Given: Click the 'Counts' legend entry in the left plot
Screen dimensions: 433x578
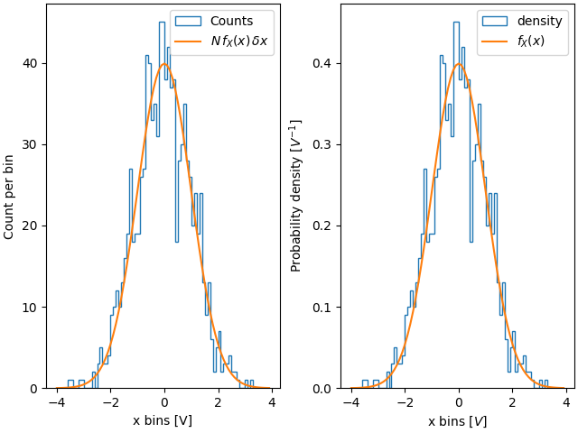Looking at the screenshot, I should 231,21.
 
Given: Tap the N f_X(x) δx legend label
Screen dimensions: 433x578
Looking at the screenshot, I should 239,41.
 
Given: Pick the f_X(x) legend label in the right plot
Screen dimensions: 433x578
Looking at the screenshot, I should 530,41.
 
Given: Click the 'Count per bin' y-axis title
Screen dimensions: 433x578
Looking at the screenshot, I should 9,197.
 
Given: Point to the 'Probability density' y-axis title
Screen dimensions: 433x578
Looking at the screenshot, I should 296,196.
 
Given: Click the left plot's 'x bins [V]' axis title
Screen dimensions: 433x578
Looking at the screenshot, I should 163,420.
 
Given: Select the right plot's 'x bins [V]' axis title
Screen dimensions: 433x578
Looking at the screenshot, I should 458,420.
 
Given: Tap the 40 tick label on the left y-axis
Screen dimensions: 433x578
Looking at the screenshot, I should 30,63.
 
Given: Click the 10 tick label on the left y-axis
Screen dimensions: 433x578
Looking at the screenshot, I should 30,308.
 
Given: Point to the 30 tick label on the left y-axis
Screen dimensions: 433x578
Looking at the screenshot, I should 30,144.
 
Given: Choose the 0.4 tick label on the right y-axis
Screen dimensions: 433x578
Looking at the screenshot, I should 322,63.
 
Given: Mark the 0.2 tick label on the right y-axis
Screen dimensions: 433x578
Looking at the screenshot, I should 322,226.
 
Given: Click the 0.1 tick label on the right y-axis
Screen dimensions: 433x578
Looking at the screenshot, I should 322,308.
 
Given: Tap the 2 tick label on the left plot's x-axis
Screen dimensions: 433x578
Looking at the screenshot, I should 218,402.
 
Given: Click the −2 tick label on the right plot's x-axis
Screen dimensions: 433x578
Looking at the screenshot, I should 402,402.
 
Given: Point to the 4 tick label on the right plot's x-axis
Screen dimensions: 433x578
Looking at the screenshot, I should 566,402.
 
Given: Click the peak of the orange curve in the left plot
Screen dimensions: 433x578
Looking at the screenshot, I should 163,63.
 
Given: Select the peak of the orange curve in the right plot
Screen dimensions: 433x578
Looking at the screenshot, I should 459,63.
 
